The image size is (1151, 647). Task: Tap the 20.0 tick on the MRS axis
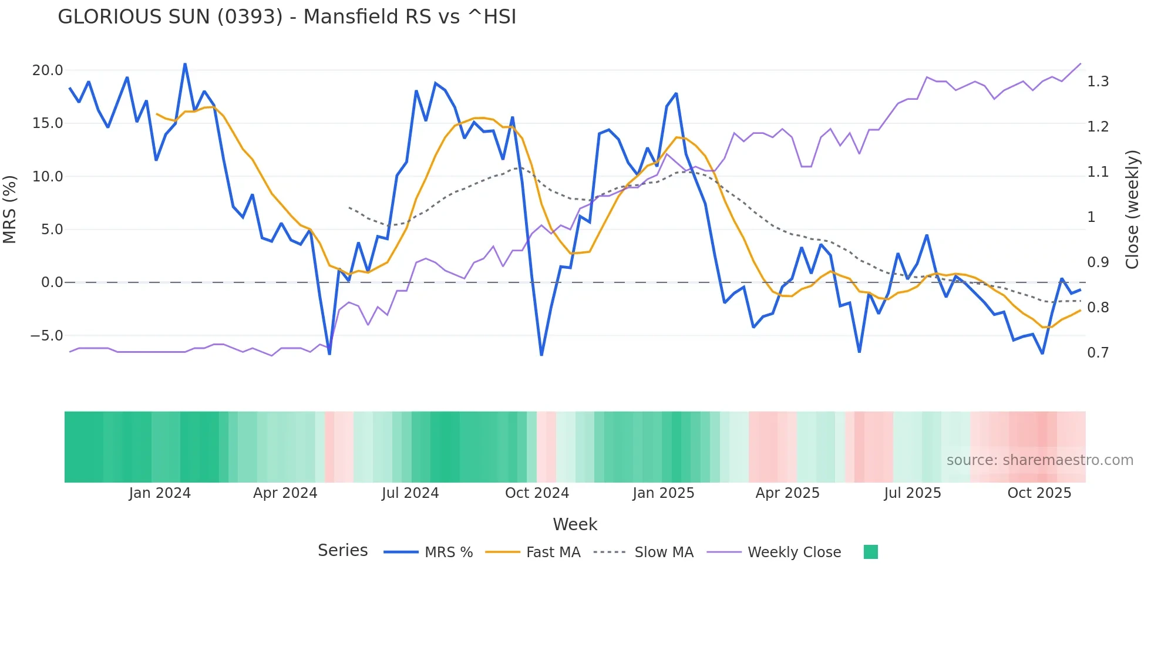coord(48,70)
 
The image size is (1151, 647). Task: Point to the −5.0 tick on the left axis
coord(46,336)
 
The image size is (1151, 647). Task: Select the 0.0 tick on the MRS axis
coord(52,282)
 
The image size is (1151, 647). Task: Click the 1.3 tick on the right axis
coord(1098,82)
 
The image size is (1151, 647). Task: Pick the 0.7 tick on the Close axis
coord(1098,353)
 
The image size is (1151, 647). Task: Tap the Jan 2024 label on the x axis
coord(160,493)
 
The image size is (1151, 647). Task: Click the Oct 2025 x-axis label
coord(1039,493)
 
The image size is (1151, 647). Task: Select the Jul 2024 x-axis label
coord(410,493)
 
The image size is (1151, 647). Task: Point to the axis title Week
coord(575,524)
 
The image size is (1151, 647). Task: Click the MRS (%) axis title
coord(10,209)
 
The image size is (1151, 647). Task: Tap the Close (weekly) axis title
coord(1132,209)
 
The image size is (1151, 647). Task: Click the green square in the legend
coord(870,552)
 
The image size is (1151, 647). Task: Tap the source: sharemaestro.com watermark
coord(1039,460)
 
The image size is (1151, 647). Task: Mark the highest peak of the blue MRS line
coord(185,64)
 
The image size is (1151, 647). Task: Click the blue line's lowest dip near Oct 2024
coord(541,355)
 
